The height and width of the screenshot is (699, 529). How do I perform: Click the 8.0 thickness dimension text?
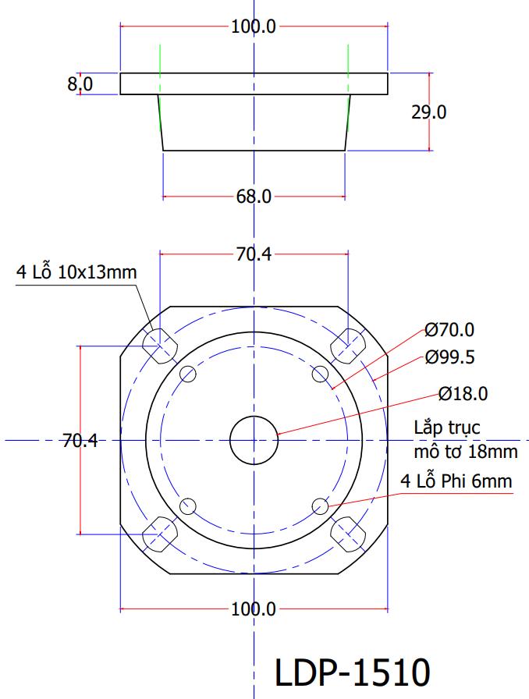coord(80,83)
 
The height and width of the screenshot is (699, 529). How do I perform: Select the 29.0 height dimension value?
coord(429,112)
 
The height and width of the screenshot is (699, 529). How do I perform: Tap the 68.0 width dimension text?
coord(254,197)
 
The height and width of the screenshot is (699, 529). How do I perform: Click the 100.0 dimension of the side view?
coord(254,27)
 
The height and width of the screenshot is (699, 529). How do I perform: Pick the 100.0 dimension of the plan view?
coord(254,609)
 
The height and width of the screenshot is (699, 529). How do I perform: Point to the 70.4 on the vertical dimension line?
coord(80,442)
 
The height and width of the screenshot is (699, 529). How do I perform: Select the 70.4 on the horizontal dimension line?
coord(254,254)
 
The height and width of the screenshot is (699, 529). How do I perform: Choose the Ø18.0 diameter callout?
coord(463,394)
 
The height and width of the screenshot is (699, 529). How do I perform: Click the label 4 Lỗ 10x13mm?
coord(76,273)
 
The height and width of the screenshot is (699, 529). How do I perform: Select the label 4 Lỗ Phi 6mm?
coord(456,481)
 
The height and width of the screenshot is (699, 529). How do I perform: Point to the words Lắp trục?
coord(447,428)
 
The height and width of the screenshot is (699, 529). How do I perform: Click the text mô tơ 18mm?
coord(466,451)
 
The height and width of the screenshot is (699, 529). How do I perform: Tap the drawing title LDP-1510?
coord(352,672)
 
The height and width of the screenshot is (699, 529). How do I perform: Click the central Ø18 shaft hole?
coord(254,440)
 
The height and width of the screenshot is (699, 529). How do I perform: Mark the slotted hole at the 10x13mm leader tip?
coord(159,345)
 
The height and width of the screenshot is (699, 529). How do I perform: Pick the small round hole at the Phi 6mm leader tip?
coord(320,507)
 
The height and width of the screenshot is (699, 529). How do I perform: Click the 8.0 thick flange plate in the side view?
coord(254,83)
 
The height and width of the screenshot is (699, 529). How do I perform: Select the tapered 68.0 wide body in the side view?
coord(254,122)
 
